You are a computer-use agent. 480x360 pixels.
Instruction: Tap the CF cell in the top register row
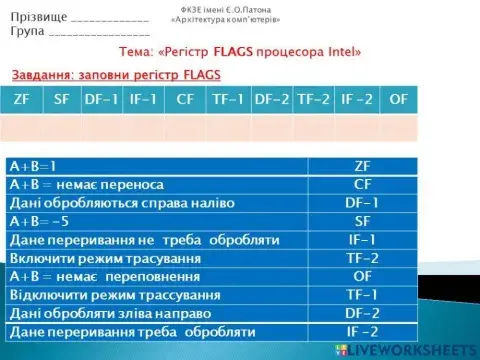[x=184, y=99]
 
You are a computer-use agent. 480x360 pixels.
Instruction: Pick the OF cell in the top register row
[x=398, y=99]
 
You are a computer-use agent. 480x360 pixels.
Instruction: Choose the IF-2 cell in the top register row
[x=356, y=99]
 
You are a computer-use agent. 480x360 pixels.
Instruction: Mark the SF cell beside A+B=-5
[x=363, y=221]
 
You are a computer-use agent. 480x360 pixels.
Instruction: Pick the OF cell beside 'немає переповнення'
[x=363, y=276]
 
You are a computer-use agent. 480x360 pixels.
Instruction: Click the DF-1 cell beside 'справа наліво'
[x=363, y=203]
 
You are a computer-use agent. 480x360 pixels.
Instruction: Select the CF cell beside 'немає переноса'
[x=363, y=184]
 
